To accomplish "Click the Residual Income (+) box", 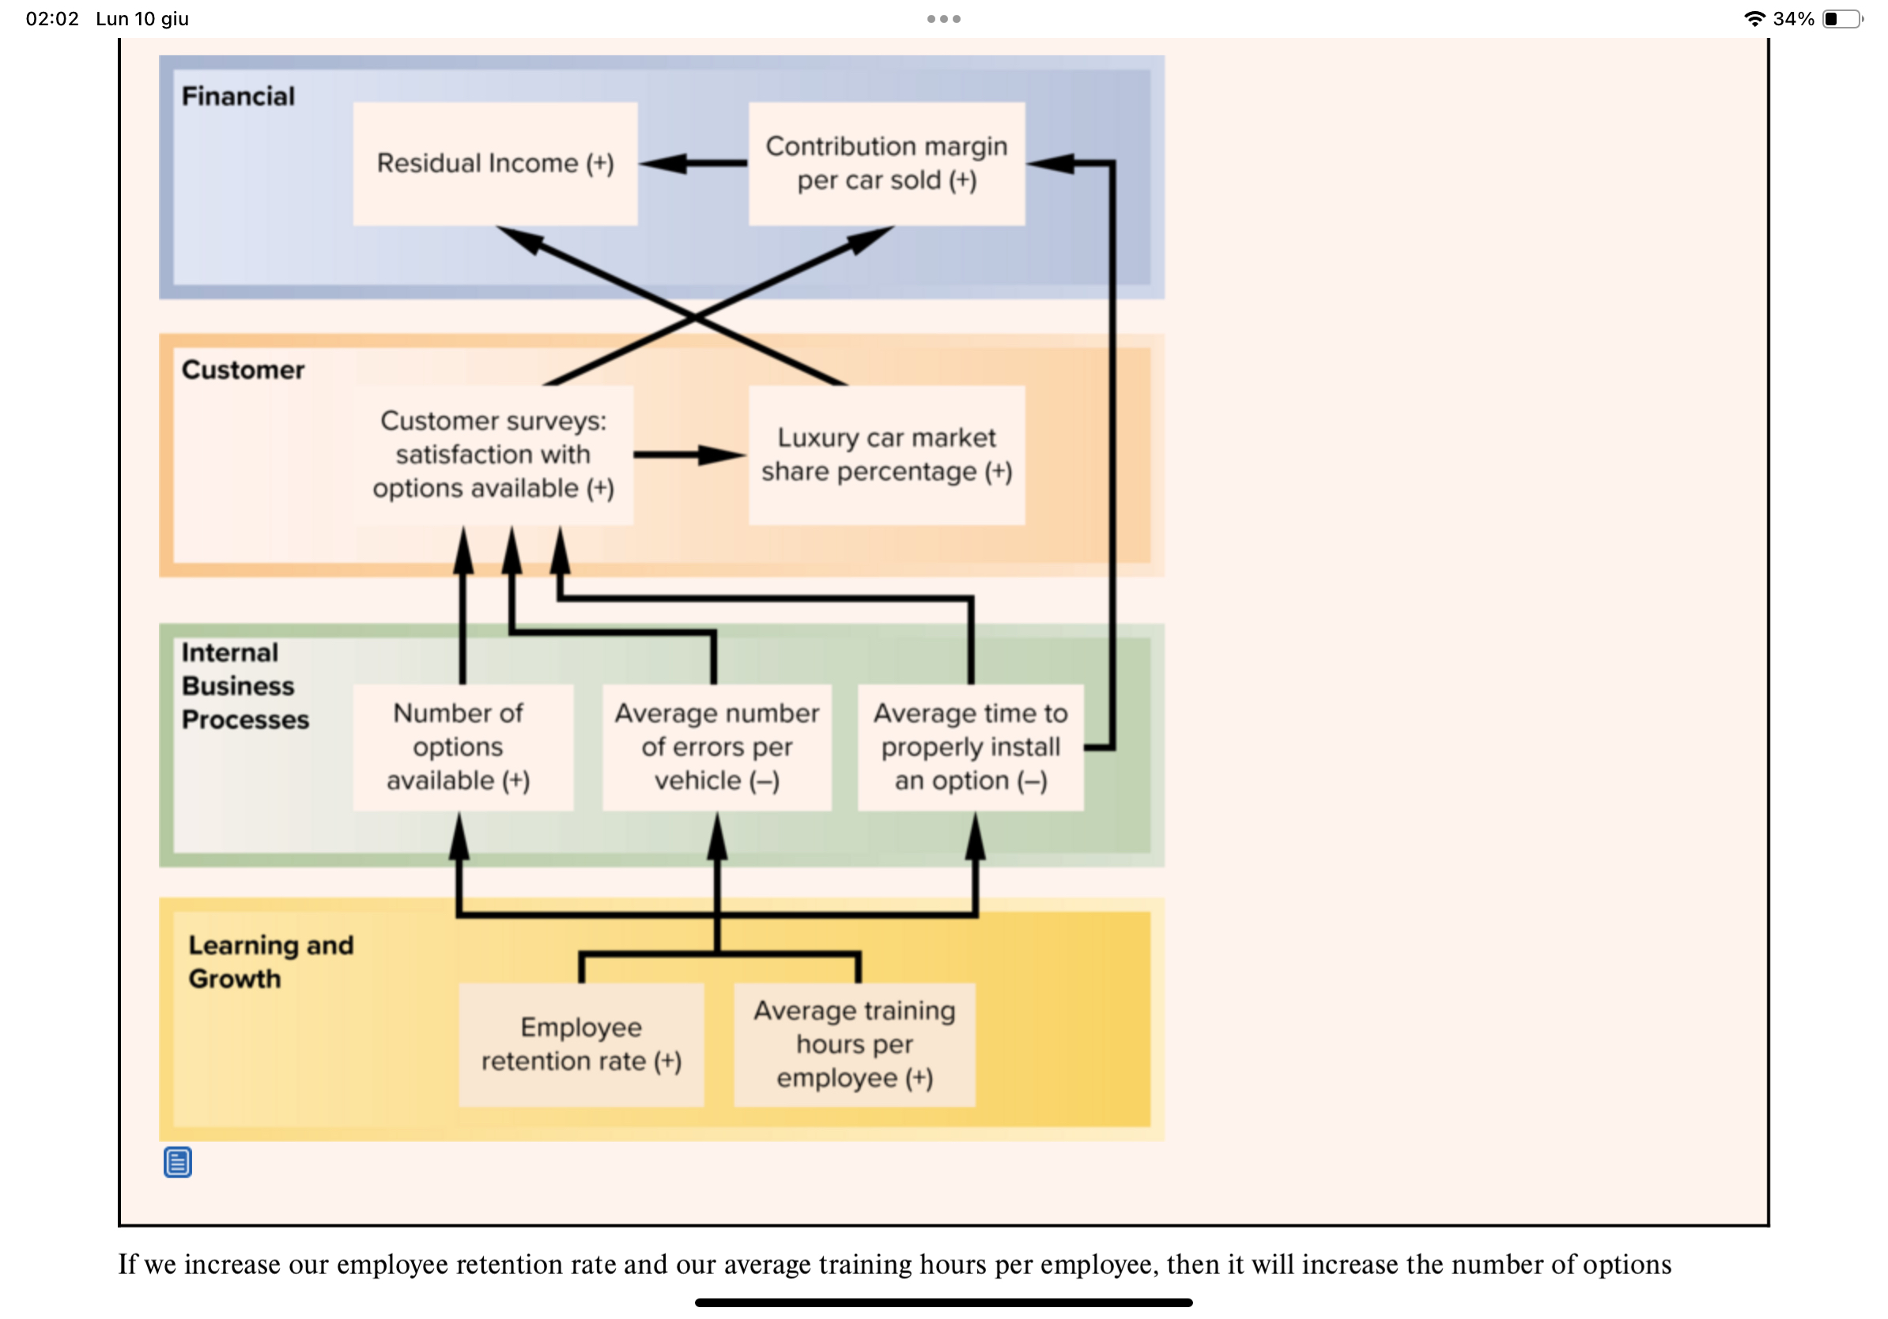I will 495,164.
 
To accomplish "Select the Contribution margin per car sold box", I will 886,164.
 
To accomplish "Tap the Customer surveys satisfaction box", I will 493,455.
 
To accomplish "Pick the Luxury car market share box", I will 886,455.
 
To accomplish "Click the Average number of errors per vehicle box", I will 716,746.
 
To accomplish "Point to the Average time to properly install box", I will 970,746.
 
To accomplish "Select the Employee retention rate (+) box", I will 581,1045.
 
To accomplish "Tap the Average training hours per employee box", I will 855,1045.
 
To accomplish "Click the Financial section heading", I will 238,96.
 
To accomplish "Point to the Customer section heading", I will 243,370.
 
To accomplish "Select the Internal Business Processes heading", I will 244,686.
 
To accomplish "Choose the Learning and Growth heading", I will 270,962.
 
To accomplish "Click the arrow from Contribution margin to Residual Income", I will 693,164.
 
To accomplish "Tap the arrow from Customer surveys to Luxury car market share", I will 690,455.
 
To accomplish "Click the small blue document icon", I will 178,1162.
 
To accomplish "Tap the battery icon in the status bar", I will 1841,19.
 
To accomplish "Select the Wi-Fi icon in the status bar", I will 1754,19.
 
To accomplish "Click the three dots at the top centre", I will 943,19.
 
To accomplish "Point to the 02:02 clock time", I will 52,19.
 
